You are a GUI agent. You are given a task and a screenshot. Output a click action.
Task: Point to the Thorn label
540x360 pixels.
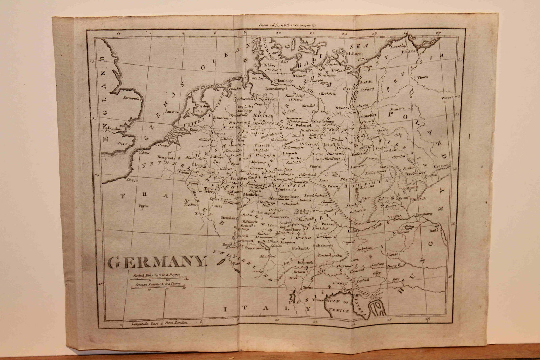[x=422, y=77]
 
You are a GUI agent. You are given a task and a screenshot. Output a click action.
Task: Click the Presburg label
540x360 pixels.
[x=425, y=214]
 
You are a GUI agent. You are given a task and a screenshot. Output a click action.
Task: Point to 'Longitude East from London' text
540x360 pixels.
[x=161, y=323]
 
